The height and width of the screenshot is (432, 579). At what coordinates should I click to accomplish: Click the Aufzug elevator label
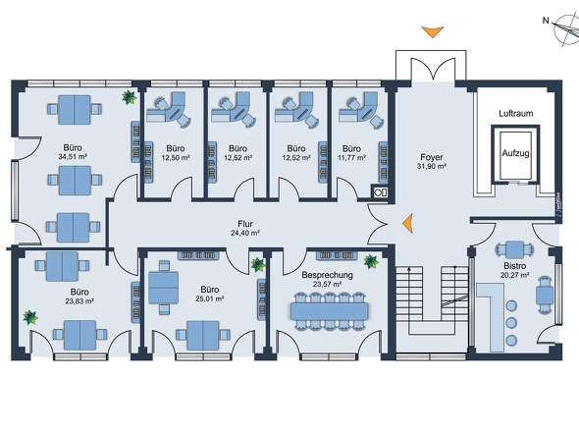515,153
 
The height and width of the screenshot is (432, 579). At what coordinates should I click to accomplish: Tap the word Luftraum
516,114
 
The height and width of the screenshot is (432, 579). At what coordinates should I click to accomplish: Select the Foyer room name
432,157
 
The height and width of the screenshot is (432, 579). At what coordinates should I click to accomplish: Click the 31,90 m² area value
432,166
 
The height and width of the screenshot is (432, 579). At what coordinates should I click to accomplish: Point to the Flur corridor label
245,224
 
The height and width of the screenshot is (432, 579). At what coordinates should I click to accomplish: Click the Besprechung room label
327,275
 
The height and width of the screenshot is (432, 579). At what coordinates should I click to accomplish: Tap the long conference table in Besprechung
330,311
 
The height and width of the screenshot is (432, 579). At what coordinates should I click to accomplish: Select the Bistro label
515,266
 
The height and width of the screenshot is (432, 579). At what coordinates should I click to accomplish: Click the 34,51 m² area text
73,157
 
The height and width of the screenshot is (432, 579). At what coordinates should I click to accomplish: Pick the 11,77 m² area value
351,158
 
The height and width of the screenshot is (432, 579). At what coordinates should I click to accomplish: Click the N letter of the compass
546,21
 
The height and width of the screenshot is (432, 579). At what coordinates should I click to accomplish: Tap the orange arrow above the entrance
433,31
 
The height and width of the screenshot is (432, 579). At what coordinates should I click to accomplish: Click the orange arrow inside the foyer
408,223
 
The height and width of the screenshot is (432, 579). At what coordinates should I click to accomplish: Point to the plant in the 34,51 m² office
130,97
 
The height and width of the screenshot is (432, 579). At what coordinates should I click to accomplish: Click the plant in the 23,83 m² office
30,317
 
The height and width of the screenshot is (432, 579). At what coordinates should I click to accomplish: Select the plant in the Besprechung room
371,261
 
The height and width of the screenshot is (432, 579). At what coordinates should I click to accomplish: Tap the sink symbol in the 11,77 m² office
380,192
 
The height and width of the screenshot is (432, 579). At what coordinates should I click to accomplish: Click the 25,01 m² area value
210,298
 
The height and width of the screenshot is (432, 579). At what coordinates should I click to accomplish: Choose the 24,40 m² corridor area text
245,234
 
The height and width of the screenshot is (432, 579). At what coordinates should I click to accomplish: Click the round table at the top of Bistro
514,249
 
